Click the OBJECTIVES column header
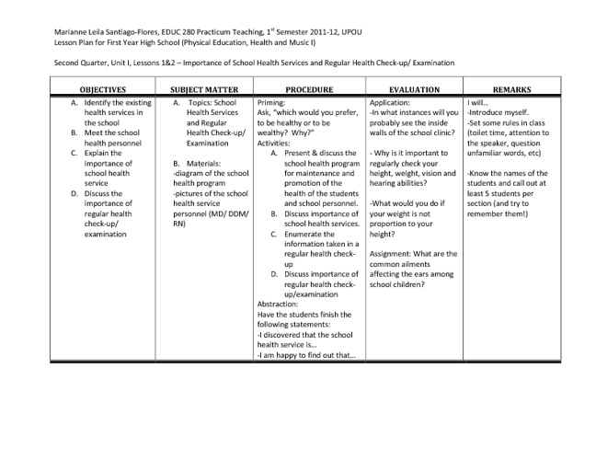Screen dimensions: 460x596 pos(102,89)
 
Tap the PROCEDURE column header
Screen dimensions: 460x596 pos(308,89)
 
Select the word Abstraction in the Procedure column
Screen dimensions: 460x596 pos(278,304)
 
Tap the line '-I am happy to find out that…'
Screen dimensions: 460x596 pos(305,354)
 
